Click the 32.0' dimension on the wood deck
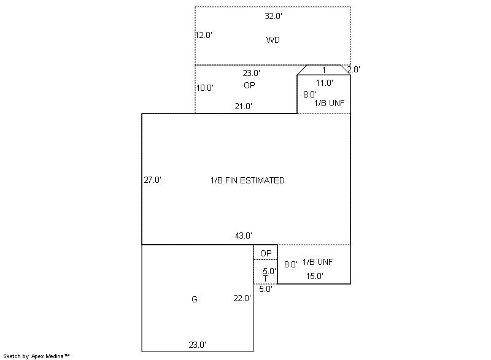tap(273, 17)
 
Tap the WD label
tap(273, 40)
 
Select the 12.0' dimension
tap(204, 35)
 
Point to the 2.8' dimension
tap(354, 69)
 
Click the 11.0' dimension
tap(325, 83)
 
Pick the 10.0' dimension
tap(205, 88)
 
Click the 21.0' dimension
tap(243, 106)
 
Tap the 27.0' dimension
tap(152, 180)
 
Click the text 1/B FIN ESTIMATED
tap(247, 180)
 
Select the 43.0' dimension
tap(243, 236)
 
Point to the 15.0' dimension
tap(315, 276)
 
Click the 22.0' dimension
tap(242, 299)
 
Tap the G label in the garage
tap(194, 300)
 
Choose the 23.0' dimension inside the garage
tap(197, 345)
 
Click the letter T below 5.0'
tap(266, 278)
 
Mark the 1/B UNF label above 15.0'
tap(317, 262)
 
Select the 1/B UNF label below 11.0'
tap(329, 103)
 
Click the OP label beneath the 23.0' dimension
tap(249, 85)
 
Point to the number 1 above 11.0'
tap(324, 70)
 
